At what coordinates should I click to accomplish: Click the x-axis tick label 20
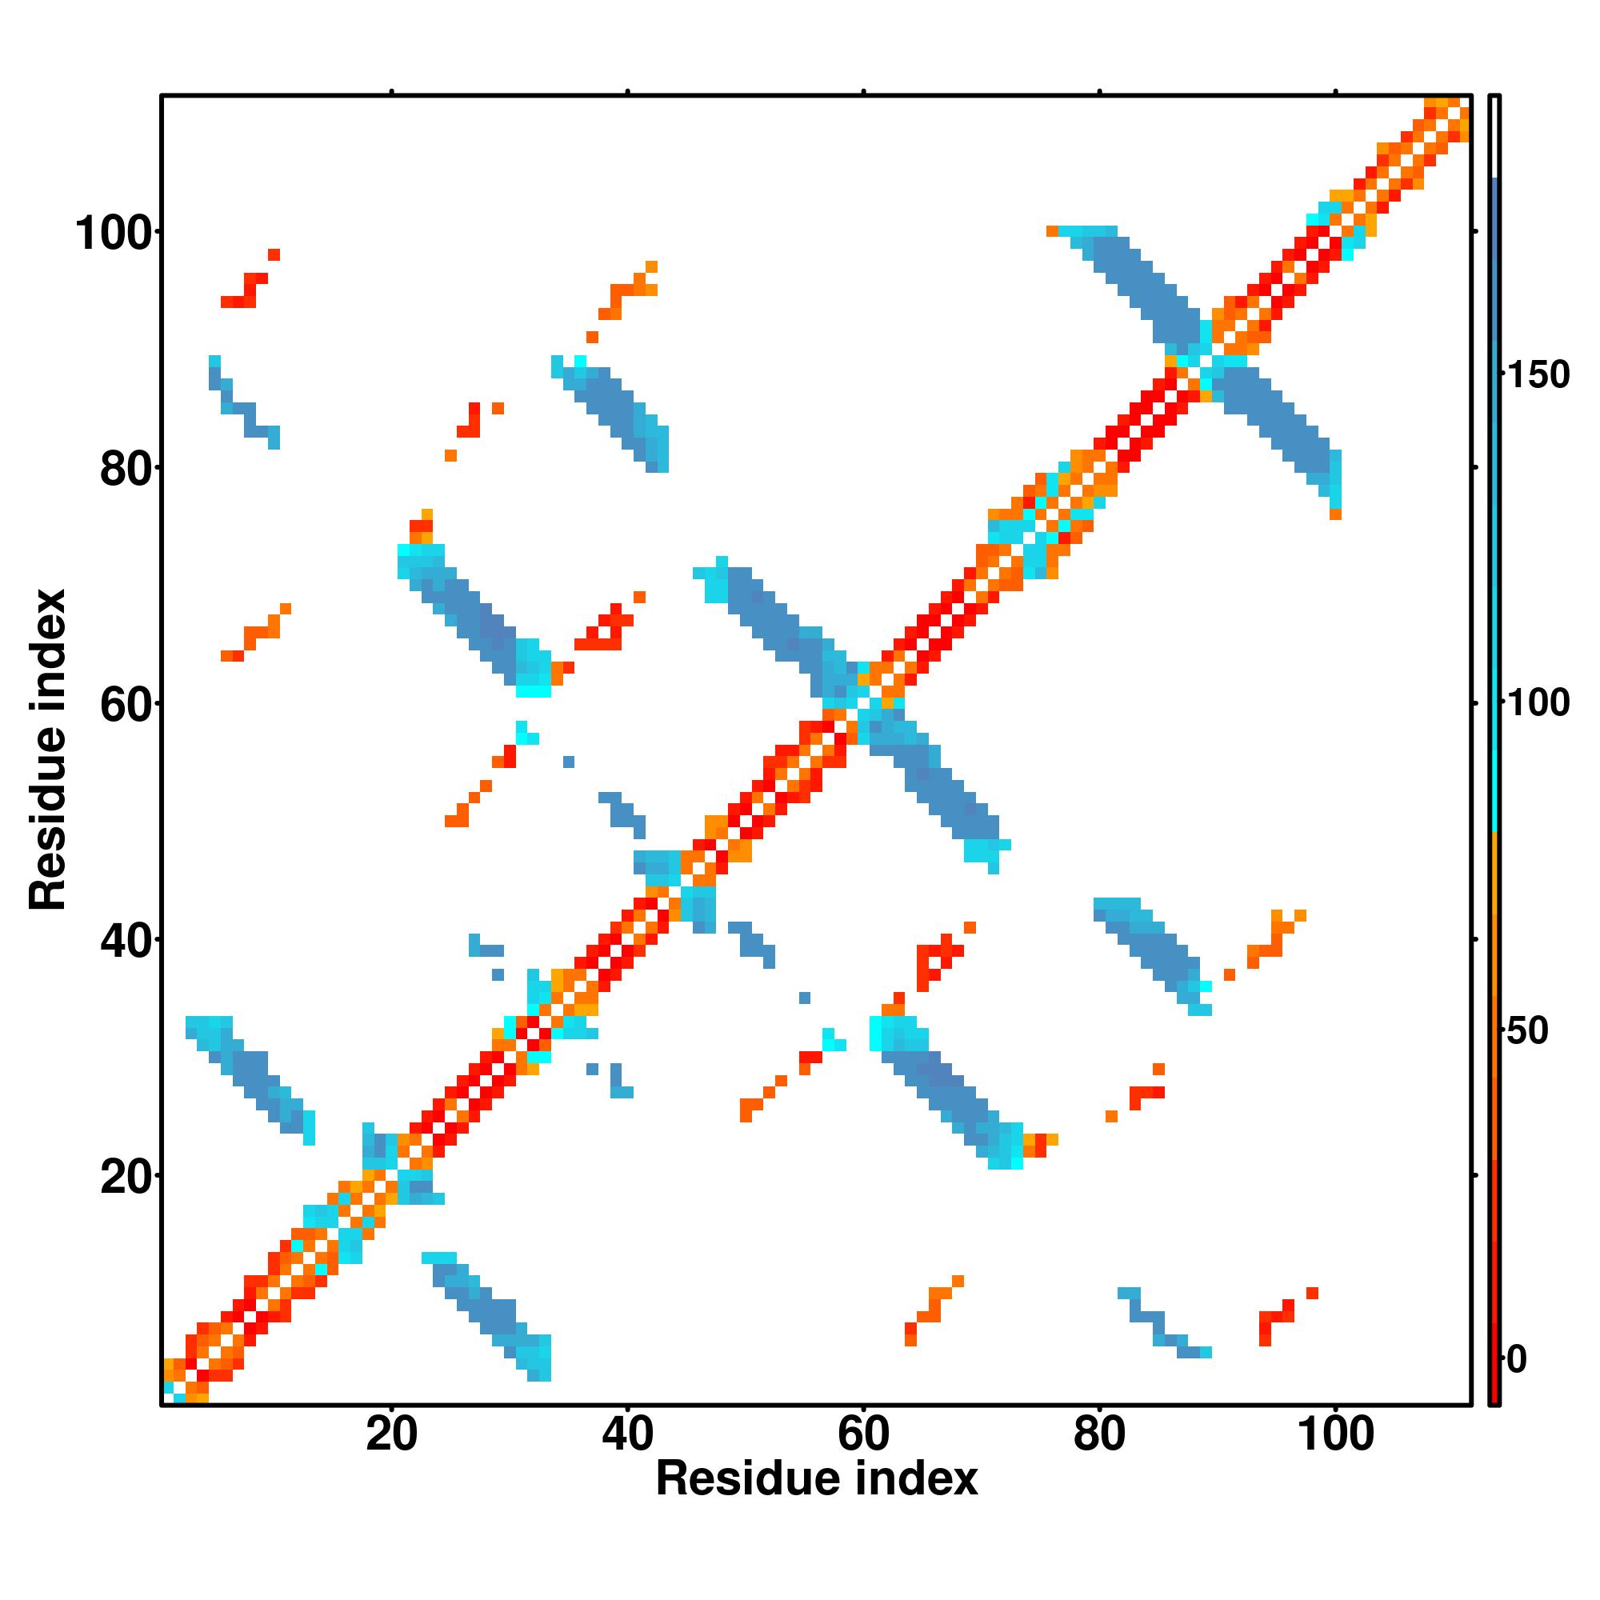coord(391,1434)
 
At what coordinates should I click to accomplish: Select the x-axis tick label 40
coord(627,1434)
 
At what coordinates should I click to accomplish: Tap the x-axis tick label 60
coord(863,1434)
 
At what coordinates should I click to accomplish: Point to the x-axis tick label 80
coord(1099,1434)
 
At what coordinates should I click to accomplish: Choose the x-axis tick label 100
coord(1335,1434)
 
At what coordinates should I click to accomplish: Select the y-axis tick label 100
coord(114,234)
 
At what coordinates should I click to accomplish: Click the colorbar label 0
coord(1517,1359)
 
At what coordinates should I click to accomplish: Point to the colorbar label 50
coord(1527,1031)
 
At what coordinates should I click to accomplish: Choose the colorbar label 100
coord(1538,703)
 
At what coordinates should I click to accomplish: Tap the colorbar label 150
coord(1538,375)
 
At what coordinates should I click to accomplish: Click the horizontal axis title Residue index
coord(817,1479)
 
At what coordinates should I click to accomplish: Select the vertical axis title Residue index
coord(48,750)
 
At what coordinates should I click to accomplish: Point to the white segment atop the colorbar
coord(1495,137)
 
